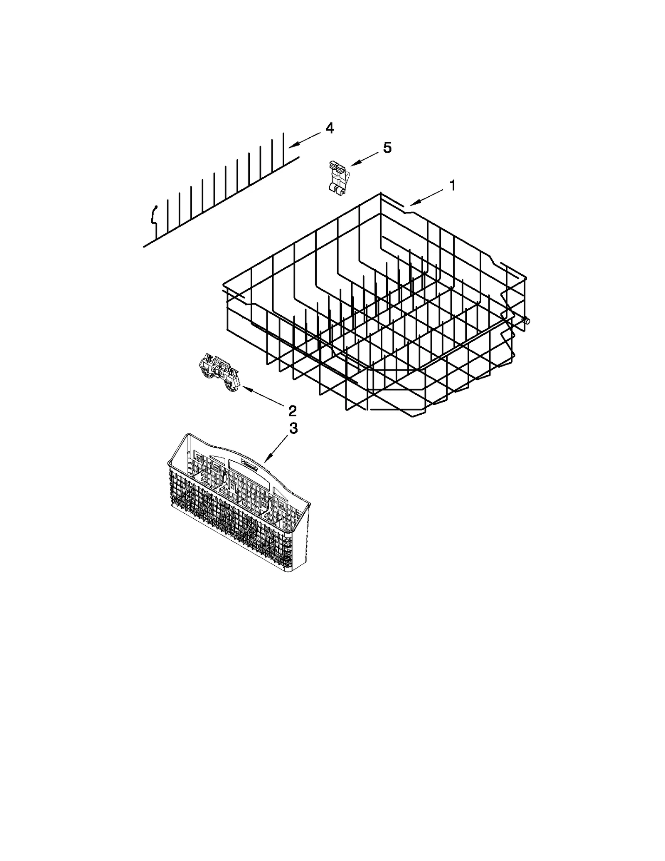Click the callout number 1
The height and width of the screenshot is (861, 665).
point(452,186)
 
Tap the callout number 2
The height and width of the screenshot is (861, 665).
point(293,411)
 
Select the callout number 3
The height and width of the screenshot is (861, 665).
point(293,428)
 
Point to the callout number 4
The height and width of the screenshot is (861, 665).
point(329,129)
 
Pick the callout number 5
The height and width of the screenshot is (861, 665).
point(387,148)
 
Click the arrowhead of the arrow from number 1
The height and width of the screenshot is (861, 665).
point(410,205)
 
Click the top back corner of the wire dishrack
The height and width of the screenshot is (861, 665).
point(380,193)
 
